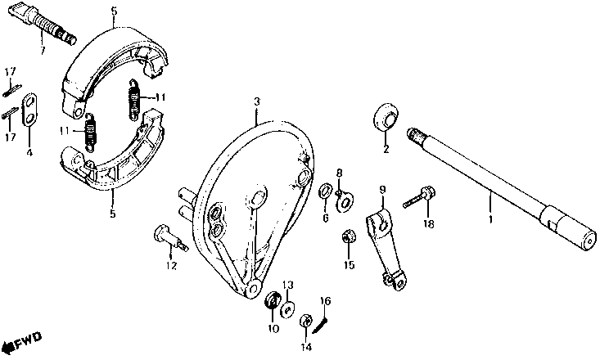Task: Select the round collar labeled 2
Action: (x=386, y=118)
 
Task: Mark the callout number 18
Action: (x=425, y=223)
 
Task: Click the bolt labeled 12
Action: (x=169, y=237)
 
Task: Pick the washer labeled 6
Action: (x=325, y=191)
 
